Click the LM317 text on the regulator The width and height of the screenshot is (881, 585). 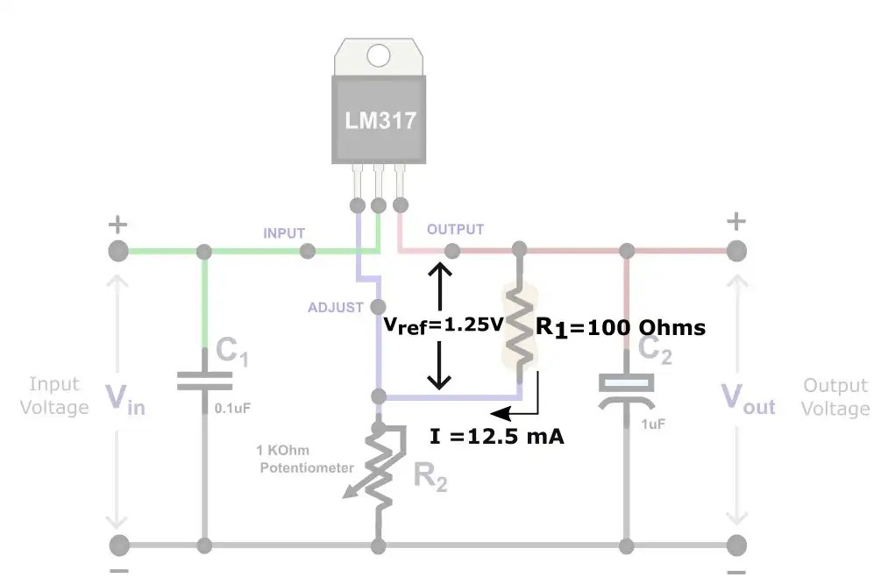pyautogui.click(x=379, y=120)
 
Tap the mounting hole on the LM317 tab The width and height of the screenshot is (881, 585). pyautogui.click(x=379, y=56)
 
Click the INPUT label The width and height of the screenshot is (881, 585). pyautogui.click(x=284, y=233)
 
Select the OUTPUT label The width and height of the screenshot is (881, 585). pyautogui.click(x=455, y=230)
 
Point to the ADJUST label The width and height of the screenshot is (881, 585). pyautogui.click(x=335, y=308)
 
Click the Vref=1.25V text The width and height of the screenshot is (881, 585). pyautogui.click(x=444, y=325)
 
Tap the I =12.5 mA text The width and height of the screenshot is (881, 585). pyautogui.click(x=496, y=436)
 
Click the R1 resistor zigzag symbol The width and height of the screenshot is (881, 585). pyautogui.click(x=520, y=326)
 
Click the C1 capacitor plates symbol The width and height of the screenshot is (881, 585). pyautogui.click(x=205, y=380)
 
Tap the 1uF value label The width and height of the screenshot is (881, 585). pyautogui.click(x=651, y=424)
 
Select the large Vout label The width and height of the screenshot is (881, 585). pyautogui.click(x=748, y=399)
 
